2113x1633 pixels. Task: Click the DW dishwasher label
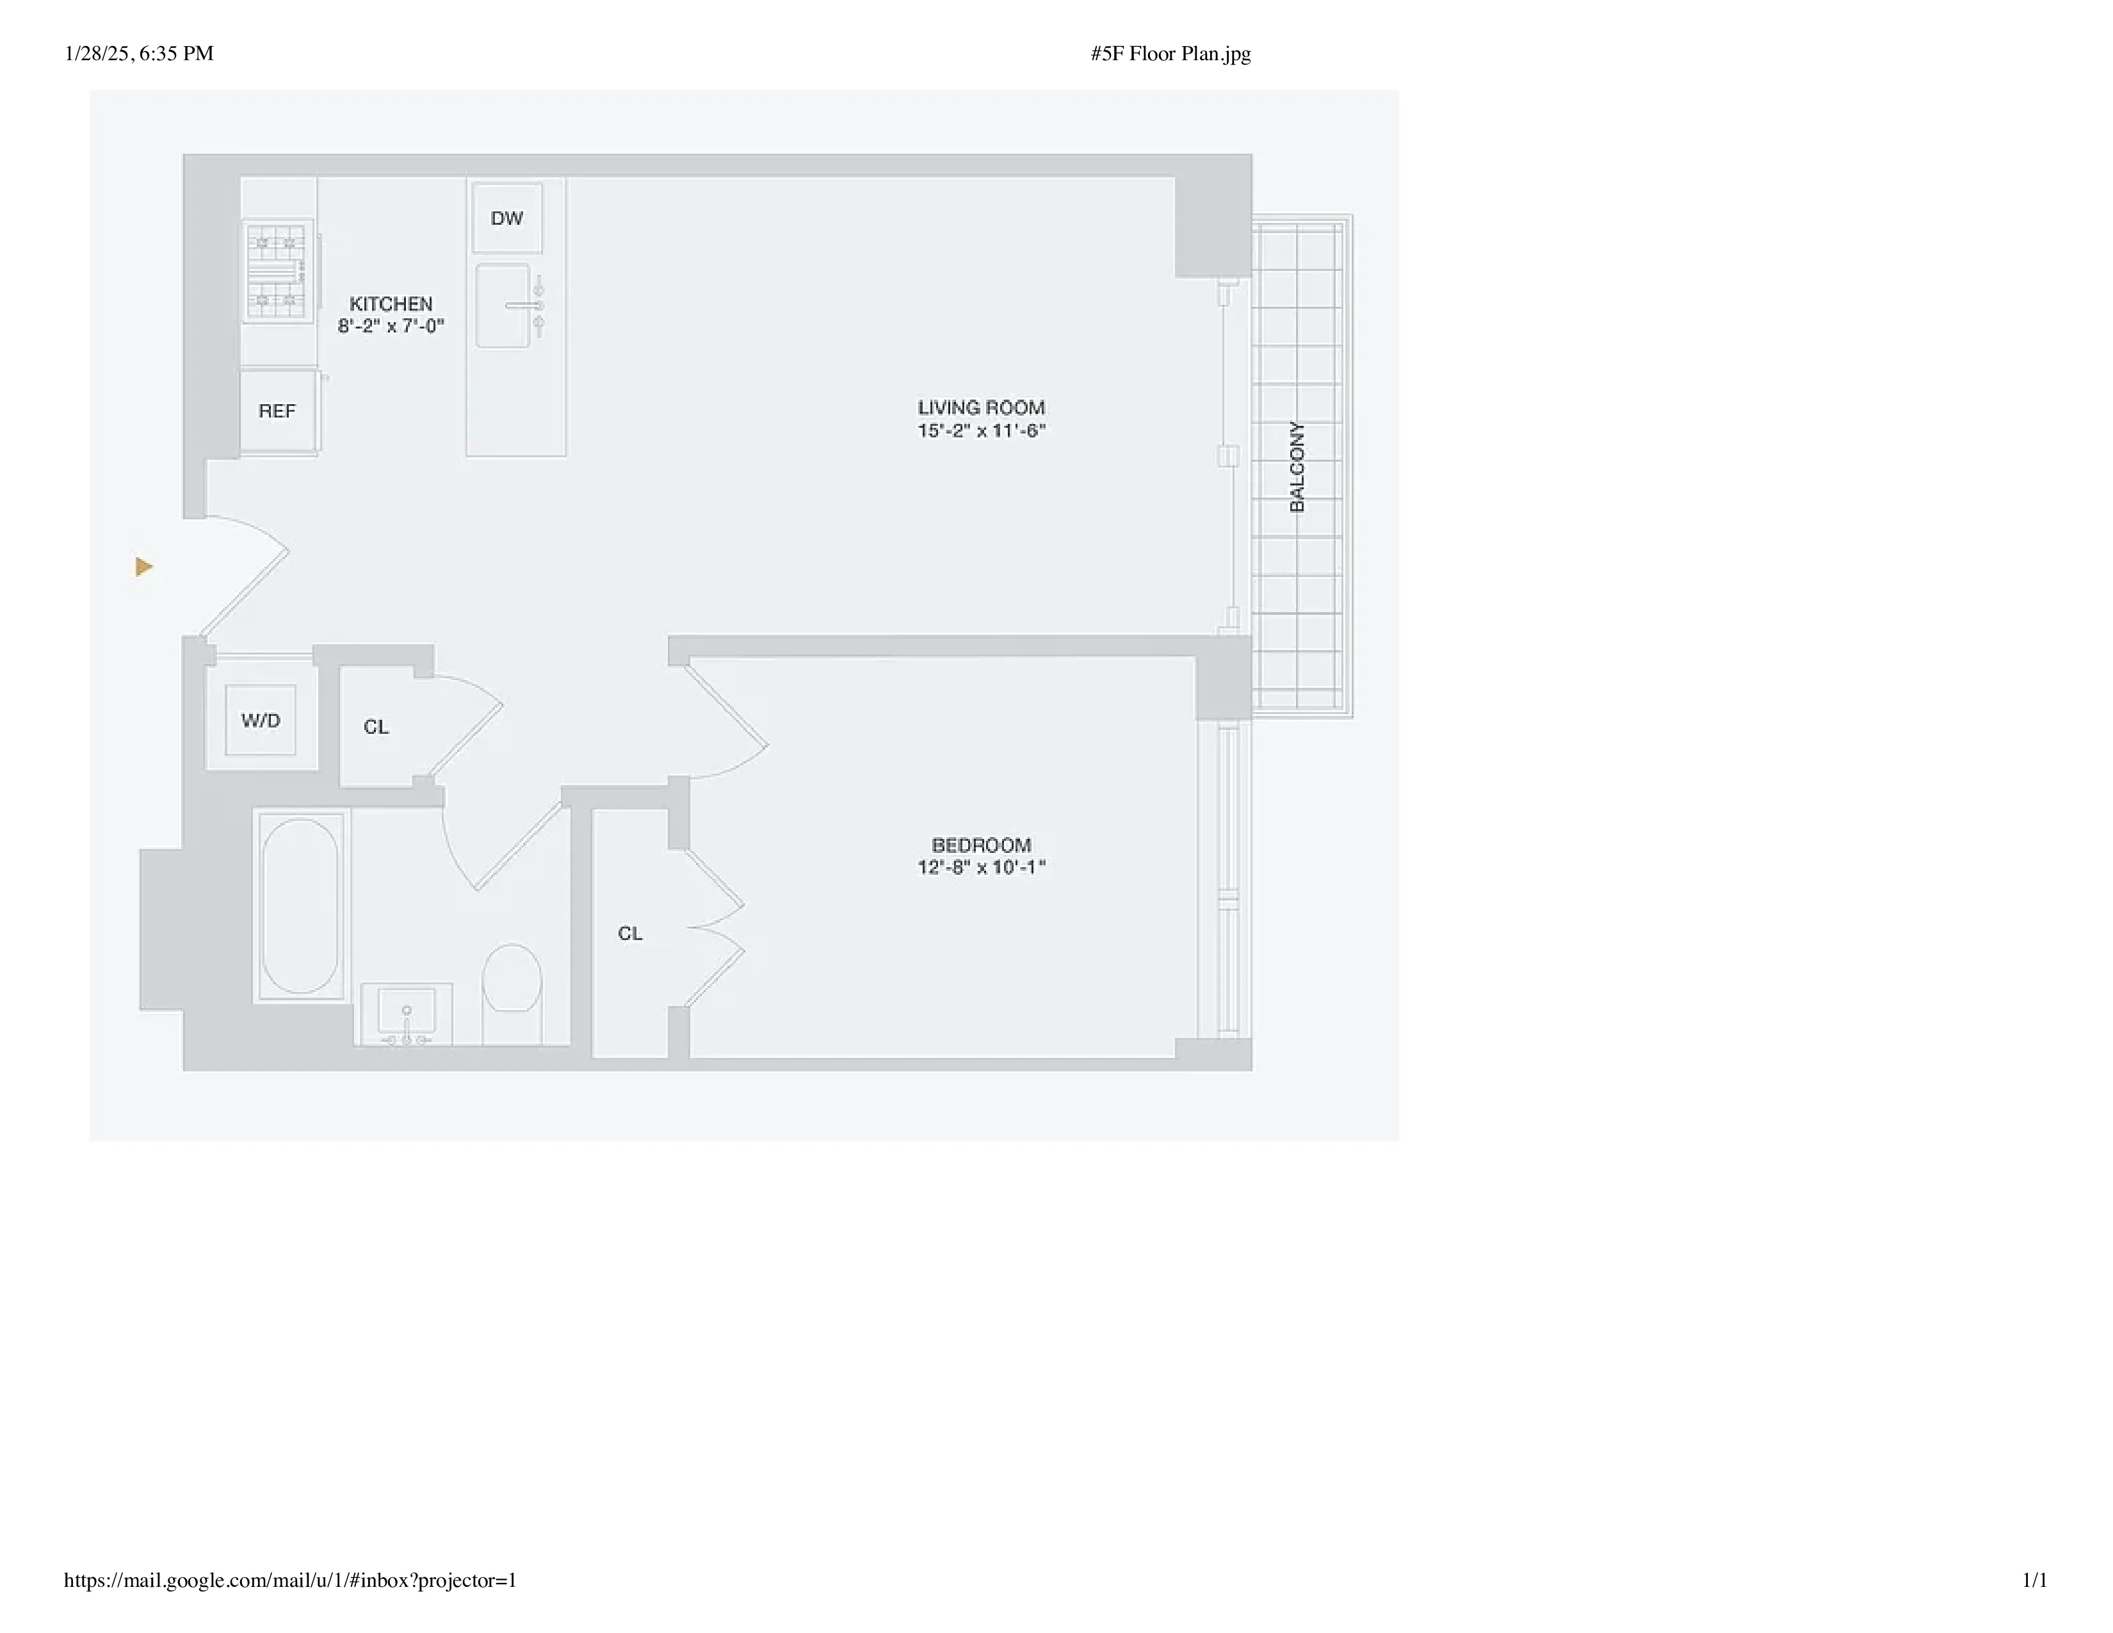click(x=506, y=218)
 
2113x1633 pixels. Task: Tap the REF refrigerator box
click(x=277, y=411)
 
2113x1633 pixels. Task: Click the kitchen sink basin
click(x=503, y=305)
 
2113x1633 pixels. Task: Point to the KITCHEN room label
click(x=391, y=304)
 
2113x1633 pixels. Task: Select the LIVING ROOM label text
click(x=981, y=407)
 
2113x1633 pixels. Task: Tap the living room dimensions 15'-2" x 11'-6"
click(x=981, y=430)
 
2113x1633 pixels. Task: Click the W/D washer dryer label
click(x=260, y=720)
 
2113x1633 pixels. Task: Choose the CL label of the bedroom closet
click(x=630, y=934)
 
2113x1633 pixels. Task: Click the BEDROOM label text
click(x=981, y=845)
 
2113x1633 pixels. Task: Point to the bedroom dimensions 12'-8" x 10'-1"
click(x=981, y=868)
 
